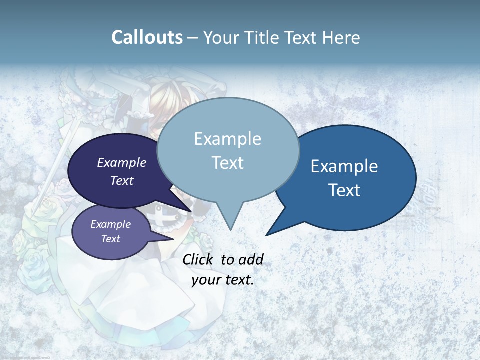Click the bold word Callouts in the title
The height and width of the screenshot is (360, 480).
[x=147, y=37]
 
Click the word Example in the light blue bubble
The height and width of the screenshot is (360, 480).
[x=227, y=139]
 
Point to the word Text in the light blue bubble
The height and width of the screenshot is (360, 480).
[x=227, y=163]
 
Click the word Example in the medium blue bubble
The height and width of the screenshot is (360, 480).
[x=344, y=166]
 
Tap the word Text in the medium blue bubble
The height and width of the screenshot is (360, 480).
[x=344, y=190]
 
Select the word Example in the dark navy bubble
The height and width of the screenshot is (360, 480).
[x=122, y=162]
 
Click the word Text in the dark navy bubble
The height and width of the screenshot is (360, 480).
[x=122, y=180]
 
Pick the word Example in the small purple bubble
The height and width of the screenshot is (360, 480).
[x=111, y=224]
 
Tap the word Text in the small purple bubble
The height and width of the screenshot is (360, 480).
[x=111, y=239]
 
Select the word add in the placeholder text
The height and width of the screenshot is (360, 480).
[x=251, y=259]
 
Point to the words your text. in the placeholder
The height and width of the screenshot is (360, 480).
[x=223, y=280]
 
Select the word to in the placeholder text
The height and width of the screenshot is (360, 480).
[x=227, y=259]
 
